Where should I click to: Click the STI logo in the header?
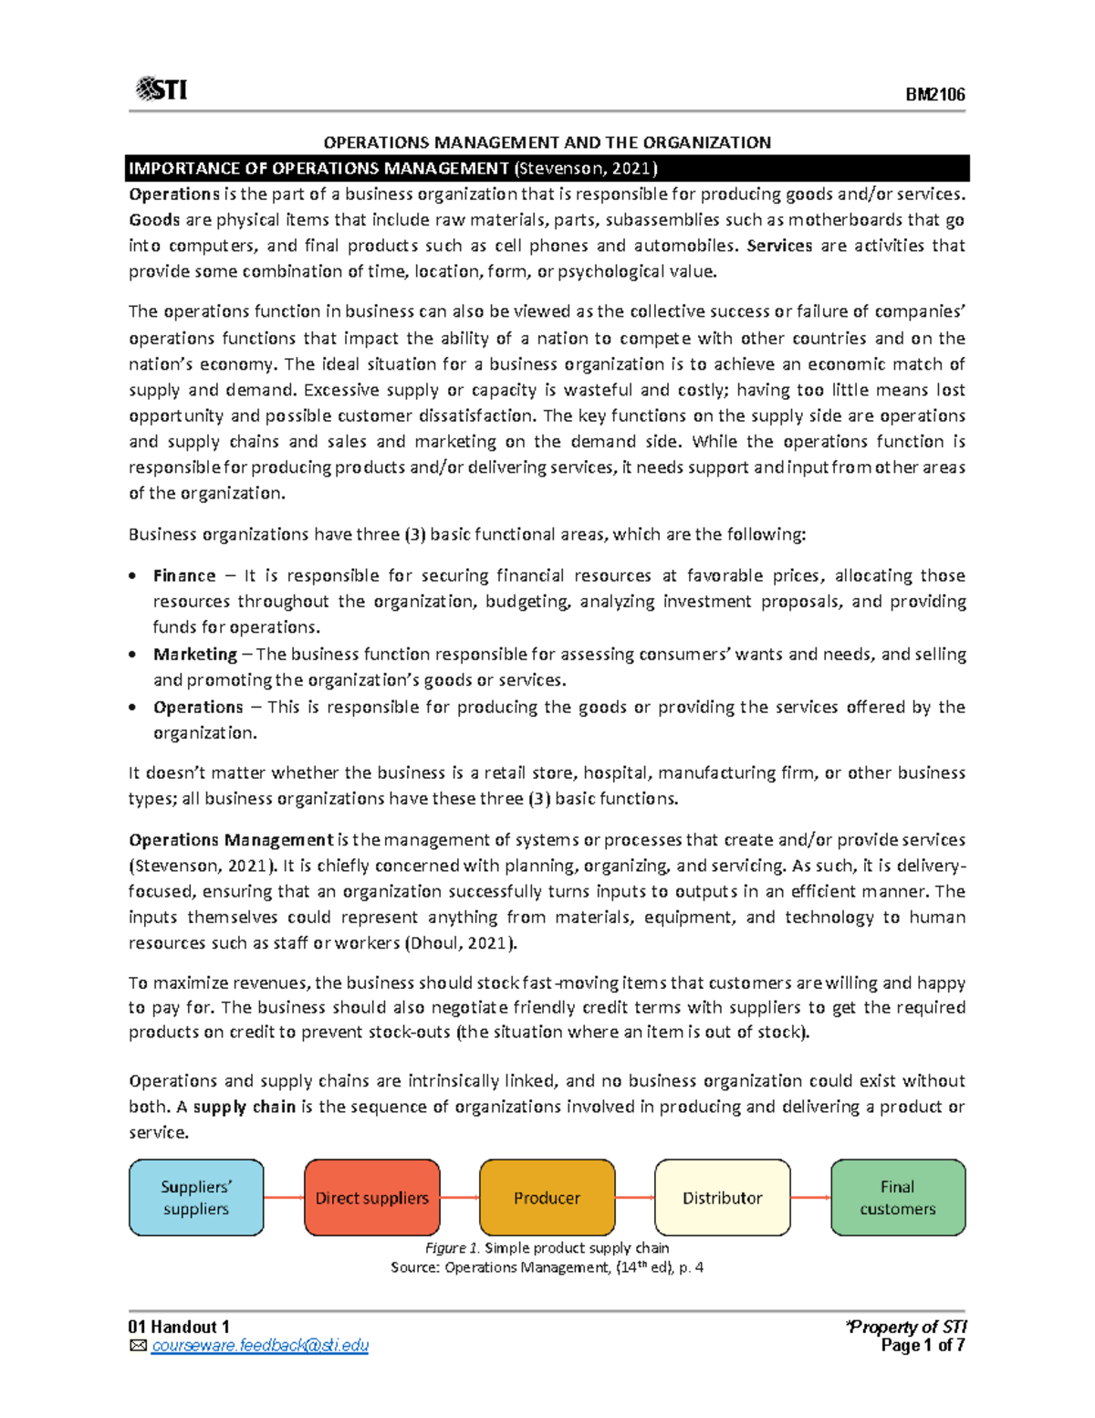point(162,89)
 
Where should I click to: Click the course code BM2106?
point(934,95)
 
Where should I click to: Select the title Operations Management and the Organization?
point(547,142)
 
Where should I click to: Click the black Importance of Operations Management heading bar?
point(547,168)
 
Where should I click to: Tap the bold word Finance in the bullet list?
point(184,576)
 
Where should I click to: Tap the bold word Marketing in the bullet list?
point(195,655)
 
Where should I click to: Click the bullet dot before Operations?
point(133,708)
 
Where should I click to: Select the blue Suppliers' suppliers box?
point(196,1198)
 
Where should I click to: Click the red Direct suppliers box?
point(371,1198)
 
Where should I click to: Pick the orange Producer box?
point(547,1198)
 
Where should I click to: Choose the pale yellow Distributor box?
point(722,1198)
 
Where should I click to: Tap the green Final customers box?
point(897,1198)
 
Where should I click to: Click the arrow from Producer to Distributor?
point(634,1198)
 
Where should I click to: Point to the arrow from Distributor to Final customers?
point(810,1198)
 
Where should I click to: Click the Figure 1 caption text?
point(547,1248)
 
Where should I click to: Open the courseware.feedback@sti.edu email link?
point(259,1346)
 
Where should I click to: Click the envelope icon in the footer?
point(138,1346)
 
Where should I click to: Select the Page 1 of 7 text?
point(923,1346)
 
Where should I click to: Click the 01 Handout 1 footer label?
point(179,1327)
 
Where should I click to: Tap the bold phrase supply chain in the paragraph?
point(244,1108)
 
